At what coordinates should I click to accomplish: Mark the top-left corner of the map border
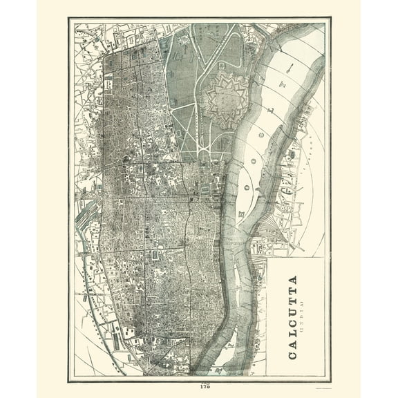[68, 19]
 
